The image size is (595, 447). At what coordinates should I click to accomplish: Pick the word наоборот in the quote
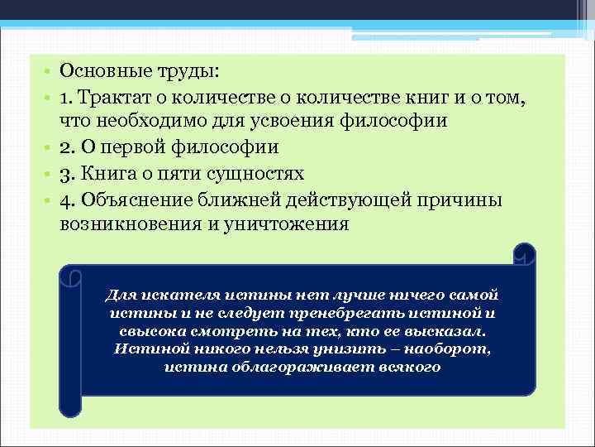point(446,348)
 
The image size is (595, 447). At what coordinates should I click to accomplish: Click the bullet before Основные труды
point(49,72)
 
